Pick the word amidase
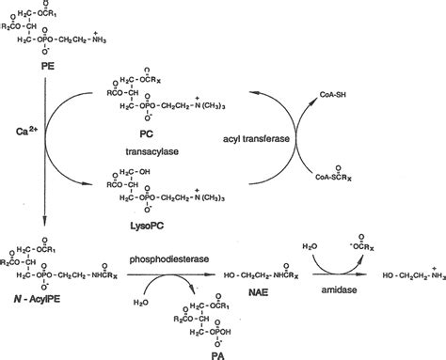coord(343,292)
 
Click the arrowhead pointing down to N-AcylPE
coord(45,243)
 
